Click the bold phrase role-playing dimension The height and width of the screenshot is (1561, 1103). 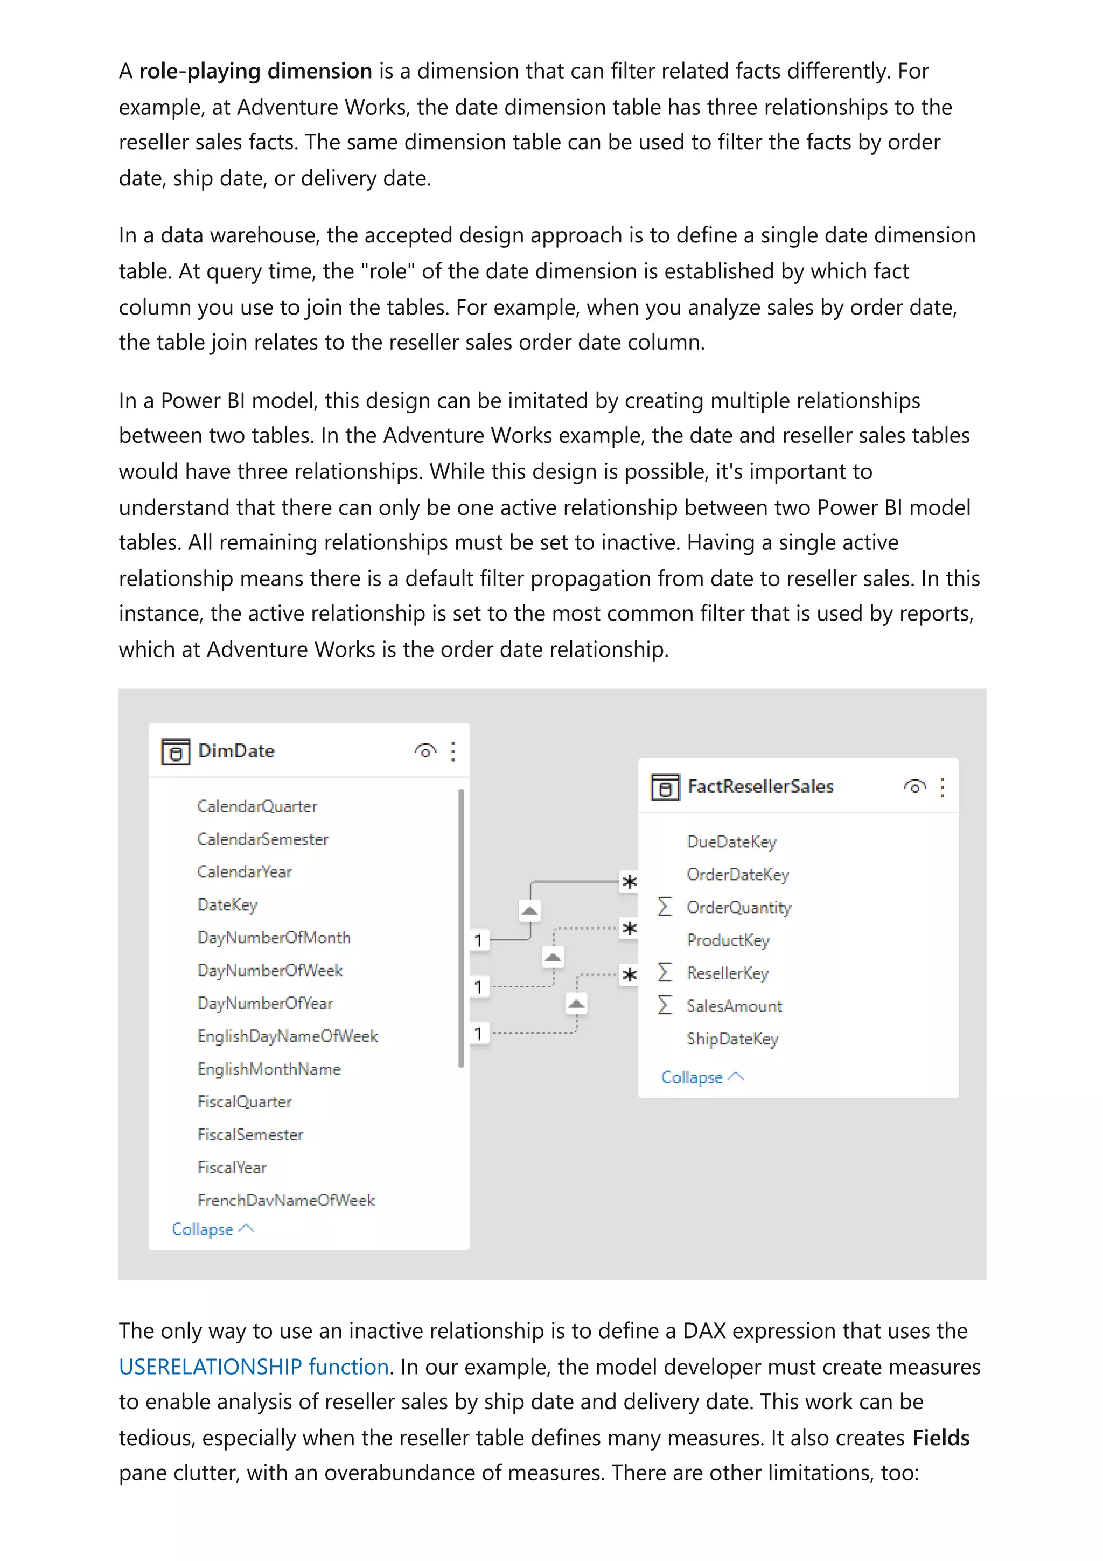point(255,72)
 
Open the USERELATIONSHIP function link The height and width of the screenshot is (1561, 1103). point(254,1366)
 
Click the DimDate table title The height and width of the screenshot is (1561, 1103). point(236,750)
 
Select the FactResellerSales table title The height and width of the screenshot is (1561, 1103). point(760,786)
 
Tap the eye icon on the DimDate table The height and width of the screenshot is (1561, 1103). point(425,751)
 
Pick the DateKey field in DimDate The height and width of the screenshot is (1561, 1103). point(227,905)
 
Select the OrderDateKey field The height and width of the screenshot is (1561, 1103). point(737,874)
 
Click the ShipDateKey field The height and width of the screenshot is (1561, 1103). point(732,1039)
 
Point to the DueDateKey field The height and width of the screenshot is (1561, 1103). point(731,842)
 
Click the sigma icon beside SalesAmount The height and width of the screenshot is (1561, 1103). point(665,1006)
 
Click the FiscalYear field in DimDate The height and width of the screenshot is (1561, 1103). point(232,1167)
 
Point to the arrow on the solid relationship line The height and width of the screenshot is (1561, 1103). point(529,910)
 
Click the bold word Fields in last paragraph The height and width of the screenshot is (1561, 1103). point(940,1438)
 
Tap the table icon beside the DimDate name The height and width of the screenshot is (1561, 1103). point(176,751)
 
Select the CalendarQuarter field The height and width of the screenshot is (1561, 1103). point(257,806)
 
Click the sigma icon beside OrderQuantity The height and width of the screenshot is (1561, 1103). point(665,907)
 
